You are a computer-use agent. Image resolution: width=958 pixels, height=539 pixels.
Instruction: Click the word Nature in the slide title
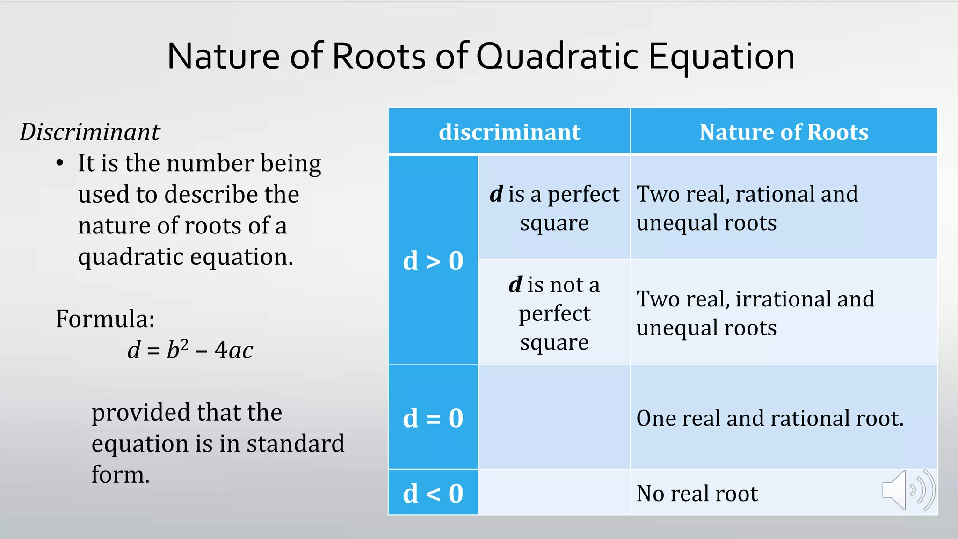click(223, 57)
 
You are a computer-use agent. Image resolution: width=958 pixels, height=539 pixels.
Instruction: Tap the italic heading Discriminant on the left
click(90, 132)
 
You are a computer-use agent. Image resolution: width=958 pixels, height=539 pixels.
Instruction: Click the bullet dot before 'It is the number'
click(59, 164)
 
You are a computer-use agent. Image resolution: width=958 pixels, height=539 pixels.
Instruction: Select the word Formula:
click(105, 319)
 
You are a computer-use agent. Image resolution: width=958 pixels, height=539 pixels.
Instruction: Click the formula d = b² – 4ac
click(190, 350)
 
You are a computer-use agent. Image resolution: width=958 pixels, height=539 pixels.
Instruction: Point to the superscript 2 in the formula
click(184, 344)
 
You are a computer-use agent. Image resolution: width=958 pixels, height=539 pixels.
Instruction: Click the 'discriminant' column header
click(509, 132)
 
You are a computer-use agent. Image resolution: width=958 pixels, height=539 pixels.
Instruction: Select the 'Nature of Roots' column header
click(784, 132)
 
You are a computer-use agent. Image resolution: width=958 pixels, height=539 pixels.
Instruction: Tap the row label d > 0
click(433, 261)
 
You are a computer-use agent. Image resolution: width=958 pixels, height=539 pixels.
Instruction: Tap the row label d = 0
click(433, 418)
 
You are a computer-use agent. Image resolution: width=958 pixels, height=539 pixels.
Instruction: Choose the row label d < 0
click(433, 493)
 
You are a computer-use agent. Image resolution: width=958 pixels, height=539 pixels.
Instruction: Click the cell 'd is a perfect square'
click(554, 208)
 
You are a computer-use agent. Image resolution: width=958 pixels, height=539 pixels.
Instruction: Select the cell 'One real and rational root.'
click(769, 418)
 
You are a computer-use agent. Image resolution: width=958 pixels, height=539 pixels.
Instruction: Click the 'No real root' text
click(697, 494)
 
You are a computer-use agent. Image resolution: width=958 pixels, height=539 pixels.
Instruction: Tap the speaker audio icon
click(907, 490)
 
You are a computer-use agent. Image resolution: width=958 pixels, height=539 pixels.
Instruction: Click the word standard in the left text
click(295, 444)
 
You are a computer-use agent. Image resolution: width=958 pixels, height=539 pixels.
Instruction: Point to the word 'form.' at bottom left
click(120, 474)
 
